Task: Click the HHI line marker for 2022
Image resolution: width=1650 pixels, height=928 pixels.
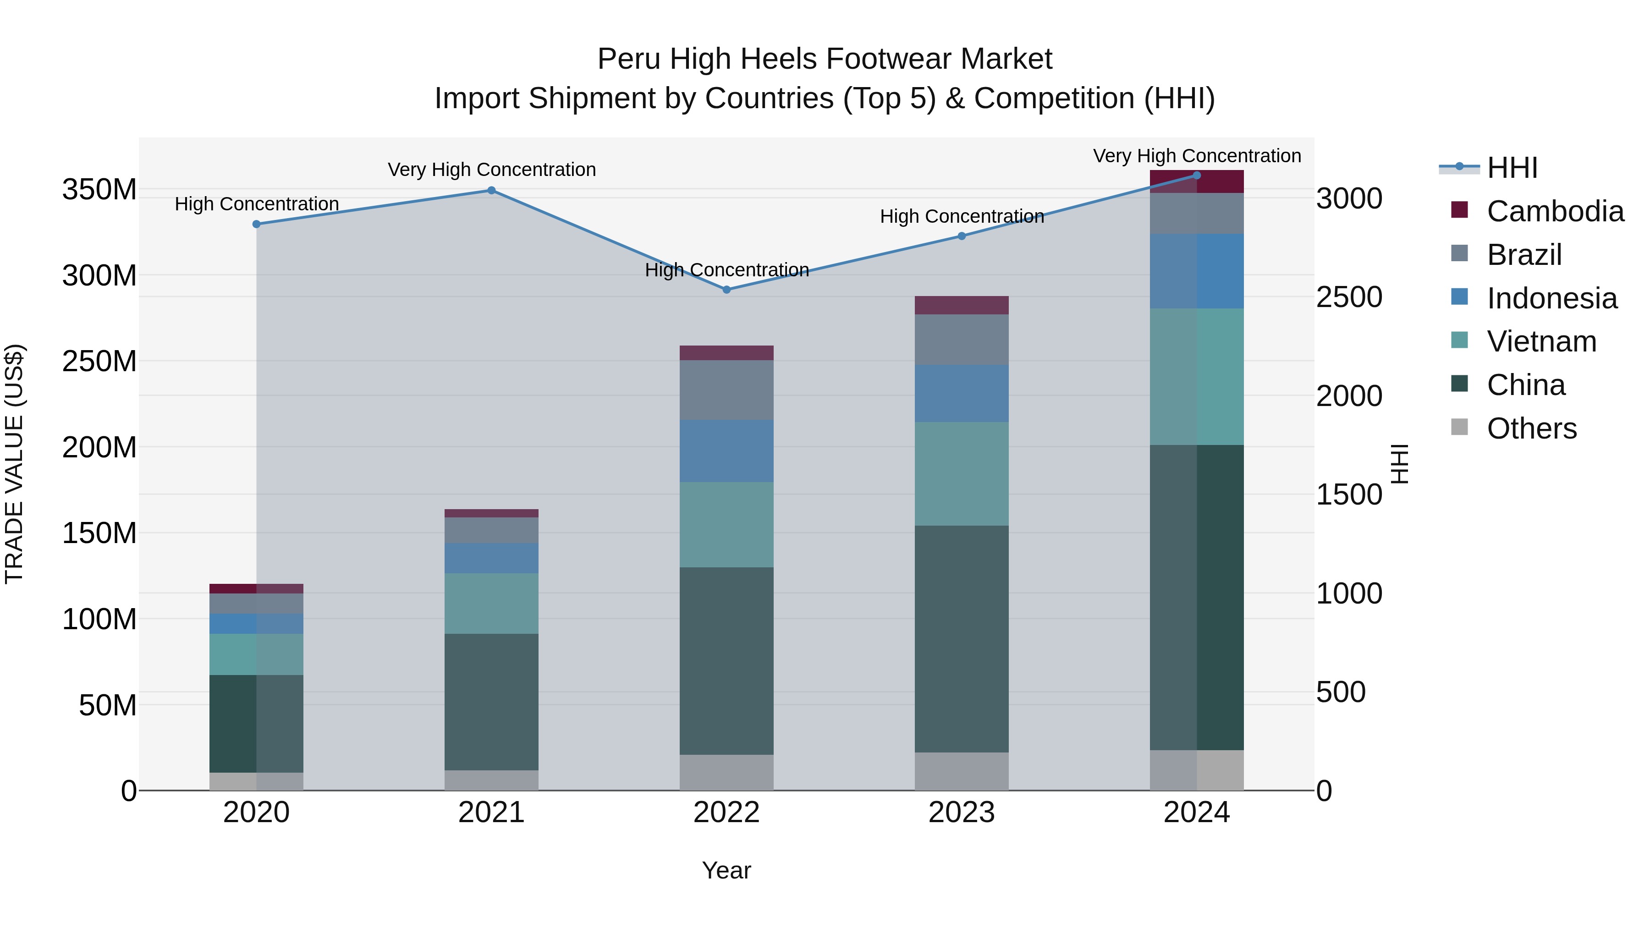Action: pos(726,290)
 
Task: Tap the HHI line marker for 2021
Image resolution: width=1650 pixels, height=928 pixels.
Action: pos(491,190)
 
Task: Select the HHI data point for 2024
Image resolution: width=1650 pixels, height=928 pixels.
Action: pos(1197,176)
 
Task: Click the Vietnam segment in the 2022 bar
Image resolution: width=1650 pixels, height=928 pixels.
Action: pos(726,525)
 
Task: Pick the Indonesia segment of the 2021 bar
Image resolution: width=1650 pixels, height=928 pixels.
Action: pos(491,558)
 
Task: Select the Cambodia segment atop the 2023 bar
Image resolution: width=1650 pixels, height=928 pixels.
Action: pos(962,305)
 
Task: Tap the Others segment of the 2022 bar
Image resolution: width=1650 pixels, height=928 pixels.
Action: pos(726,772)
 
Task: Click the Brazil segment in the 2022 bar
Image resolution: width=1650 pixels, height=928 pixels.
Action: pos(726,390)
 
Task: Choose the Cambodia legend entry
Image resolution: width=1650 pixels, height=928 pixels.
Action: pos(1555,211)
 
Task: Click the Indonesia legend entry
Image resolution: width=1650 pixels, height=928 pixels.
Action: pos(1551,298)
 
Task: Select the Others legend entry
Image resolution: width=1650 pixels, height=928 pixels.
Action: pos(1531,428)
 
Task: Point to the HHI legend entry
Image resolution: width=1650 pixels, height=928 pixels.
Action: pos(1512,168)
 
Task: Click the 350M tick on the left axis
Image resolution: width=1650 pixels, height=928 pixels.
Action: pos(99,190)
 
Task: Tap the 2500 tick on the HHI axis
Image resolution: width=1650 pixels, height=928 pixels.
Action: pos(1349,297)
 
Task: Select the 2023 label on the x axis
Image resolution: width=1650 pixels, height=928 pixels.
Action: pos(962,813)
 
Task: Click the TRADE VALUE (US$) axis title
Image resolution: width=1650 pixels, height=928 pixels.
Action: pos(14,464)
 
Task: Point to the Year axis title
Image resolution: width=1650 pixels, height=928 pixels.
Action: pos(726,870)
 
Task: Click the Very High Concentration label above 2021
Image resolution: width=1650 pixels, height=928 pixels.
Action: pos(491,170)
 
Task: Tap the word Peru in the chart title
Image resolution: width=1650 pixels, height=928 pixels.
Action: pos(628,59)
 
